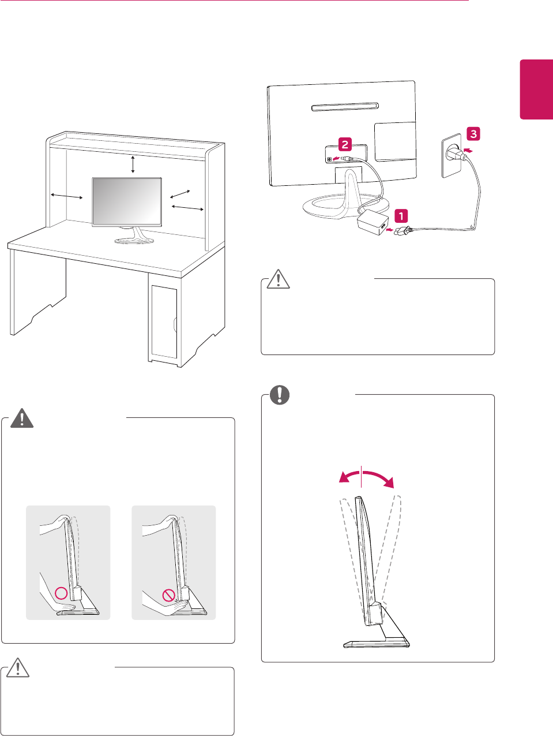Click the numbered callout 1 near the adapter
click(401, 216)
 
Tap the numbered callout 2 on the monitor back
click(345, 144)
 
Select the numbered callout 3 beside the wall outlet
click(473, 134)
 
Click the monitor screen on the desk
click(127, 201)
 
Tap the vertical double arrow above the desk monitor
click(133, 164)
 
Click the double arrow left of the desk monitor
click(67, 197)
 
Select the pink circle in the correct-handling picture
click(61, 593)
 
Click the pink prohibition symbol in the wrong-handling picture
click(168, 594)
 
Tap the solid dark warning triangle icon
click(22, 418)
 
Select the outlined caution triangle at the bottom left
click(18, 668)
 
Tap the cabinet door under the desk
click(164, 321)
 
